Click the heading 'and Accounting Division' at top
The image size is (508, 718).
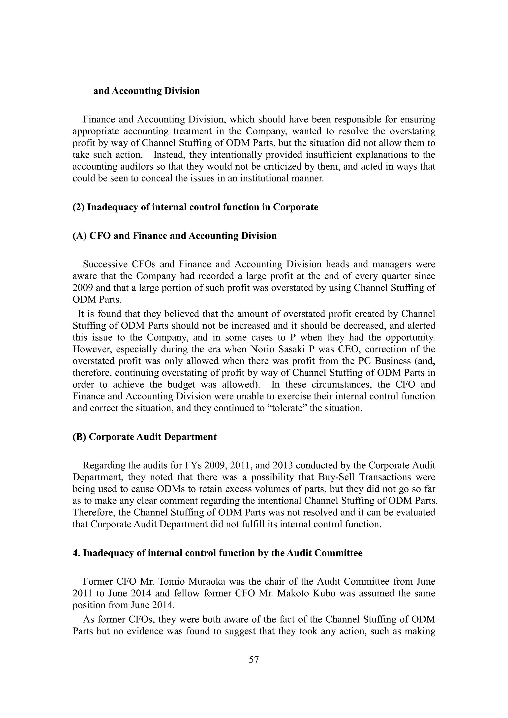point(146,91)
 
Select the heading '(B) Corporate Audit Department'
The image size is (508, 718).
point(145,437)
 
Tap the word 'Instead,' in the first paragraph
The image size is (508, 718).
point(166,155)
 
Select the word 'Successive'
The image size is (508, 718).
point(105,264)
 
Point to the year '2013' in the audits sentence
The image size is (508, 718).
point(283,466)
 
